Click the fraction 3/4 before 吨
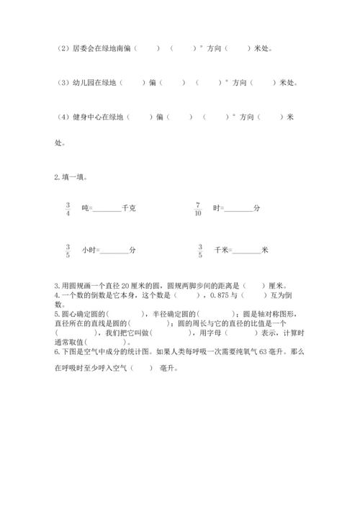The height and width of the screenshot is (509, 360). click(67, 208)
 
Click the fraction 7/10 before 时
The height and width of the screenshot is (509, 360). click(197, 208)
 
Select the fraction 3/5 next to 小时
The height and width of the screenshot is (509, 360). click(67, 250)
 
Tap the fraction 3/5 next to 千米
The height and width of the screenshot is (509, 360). click(200, 250)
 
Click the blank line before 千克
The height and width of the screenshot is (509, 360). click(108, 211)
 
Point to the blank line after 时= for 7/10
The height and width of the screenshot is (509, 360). click(239, 211)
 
